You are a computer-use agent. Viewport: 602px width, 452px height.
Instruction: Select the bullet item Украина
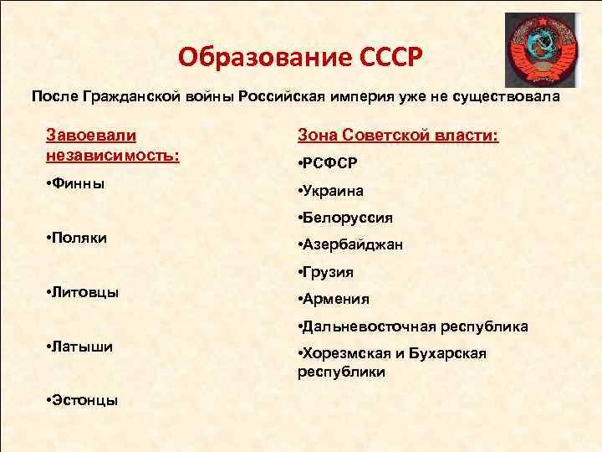tap(333, 191)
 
